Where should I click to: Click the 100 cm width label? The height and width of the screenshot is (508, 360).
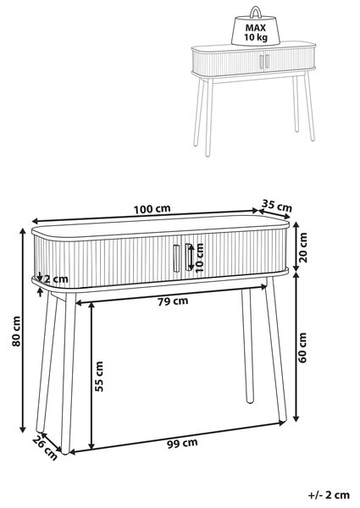(x=152, y=209)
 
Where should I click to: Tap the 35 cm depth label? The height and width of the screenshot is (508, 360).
(x=277, y=206)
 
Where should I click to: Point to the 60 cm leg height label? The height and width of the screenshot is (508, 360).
(x=302, y=347)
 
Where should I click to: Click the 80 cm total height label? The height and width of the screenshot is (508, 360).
(x=16, y=331)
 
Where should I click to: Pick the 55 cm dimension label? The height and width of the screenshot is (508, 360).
(x=99, y=377)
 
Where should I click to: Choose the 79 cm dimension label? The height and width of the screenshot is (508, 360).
(x=173, y=301)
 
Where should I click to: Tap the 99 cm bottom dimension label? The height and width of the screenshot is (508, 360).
(x=182, y=443)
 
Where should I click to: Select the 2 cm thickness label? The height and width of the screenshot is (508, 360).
(x=56, y=279)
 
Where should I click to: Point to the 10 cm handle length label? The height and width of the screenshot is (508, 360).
(x=200, y=257)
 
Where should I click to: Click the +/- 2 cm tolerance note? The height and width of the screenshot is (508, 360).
(x=329, y=494)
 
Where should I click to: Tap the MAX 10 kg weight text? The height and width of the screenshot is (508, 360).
(x=255, y=32)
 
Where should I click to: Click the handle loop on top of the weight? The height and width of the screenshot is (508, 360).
(x=256, y=13)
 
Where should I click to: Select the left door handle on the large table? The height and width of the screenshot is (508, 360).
(x=176, y=257)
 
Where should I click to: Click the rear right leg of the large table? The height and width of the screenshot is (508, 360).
(x=247, y=345)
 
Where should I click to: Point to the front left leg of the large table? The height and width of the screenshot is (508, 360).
(x=68, y=373)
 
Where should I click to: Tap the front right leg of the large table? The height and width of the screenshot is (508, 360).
(x=276, y=349)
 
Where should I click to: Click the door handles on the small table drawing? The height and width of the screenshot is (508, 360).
(x=264, y=61)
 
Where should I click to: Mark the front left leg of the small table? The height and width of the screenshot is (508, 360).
(x=208, y=117)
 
